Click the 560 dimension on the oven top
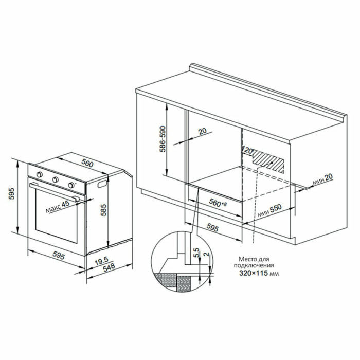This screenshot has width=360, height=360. (87, 163)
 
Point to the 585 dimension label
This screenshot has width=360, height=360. (103, 210)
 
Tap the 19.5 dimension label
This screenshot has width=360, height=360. (101, 261)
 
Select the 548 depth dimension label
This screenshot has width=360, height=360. (109, 267)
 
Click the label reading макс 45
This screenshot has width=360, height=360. (58, 207)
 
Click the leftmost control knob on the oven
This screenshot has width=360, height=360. (40, 174)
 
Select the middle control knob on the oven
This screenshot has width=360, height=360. (55, 179)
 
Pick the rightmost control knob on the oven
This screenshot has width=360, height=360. (71, 185)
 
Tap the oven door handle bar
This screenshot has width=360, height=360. (54, 192)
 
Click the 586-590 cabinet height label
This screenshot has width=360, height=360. (163, 139)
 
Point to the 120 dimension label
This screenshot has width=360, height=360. (247, 150)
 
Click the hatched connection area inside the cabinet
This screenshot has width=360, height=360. (268, 161)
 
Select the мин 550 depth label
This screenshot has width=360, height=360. (269, 211)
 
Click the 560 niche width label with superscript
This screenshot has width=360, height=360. (218, 203)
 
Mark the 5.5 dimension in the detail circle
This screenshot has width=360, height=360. (197, 253)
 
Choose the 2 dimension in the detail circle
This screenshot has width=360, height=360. (206, 254)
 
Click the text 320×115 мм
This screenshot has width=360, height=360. (259, 273)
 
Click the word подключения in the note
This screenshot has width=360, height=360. (254, 266)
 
